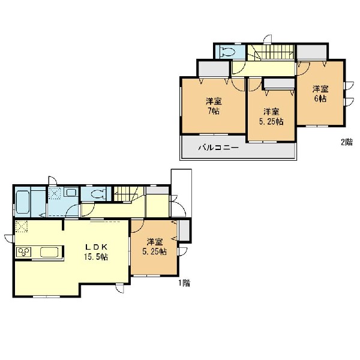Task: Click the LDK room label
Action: point(97,247)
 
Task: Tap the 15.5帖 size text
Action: point(96,257)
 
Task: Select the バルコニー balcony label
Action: point(218,148)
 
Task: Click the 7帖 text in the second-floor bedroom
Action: point(214,111)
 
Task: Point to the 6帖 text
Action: point(320,98)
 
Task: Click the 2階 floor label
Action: point(346,142)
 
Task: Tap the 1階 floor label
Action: point(184,283)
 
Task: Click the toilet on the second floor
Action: point(227,52)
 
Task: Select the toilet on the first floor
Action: point(99,194)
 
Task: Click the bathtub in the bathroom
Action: point(23,202)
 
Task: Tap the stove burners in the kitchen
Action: point(23,252)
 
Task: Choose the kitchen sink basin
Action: point(49,252)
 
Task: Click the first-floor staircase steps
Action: point(123,194)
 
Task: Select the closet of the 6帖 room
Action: point(312,52)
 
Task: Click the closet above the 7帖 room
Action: point(214,69)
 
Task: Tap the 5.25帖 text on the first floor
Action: point(155,251)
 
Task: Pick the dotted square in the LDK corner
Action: point(22,226)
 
